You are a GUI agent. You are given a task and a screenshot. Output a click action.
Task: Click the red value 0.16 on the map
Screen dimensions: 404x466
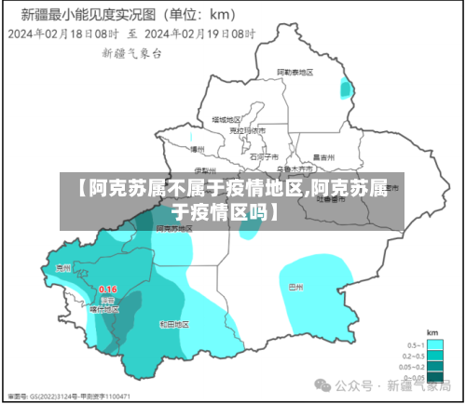tap(108, 290)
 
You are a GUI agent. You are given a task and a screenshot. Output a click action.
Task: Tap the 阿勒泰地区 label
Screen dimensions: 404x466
tap(295, 72)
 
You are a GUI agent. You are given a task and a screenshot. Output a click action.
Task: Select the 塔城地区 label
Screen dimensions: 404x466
tap(226, 119)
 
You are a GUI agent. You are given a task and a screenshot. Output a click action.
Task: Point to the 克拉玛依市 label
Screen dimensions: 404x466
tap(248, 130)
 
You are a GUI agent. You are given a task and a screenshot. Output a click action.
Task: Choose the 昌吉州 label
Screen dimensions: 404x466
tap(323, 157)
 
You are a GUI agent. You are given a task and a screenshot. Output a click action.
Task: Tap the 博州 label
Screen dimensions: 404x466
tap(197, 148)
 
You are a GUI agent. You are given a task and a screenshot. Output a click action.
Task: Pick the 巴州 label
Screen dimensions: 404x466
tap(296, 288)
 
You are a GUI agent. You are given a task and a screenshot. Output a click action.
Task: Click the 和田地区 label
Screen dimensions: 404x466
tap(174, 324)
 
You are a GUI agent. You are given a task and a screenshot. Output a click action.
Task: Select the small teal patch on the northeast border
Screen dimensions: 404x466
tap(347, 89)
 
